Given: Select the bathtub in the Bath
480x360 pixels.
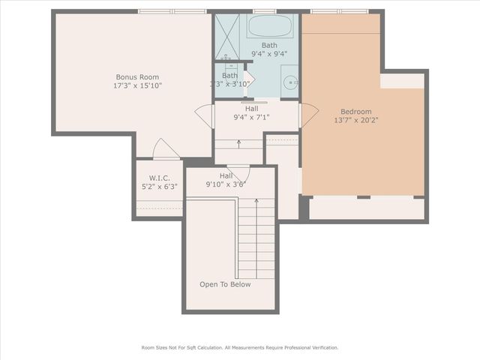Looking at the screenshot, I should (270, 27).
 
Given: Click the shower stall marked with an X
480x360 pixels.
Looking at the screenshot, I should (230, 36).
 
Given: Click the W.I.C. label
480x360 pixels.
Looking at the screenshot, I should (159, 178).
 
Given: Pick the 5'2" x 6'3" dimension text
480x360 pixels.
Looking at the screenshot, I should (159, 187).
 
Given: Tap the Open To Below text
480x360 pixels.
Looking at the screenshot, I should (225, 284).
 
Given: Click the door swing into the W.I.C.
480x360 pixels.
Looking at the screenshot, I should (166, 149).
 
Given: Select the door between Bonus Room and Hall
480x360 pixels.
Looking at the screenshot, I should (204, 115).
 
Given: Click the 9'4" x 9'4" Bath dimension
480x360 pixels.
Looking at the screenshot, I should (268, 54).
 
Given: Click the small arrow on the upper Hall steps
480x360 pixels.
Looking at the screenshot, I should (238, 142).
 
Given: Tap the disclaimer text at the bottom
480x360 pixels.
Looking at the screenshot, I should (240, 347).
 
